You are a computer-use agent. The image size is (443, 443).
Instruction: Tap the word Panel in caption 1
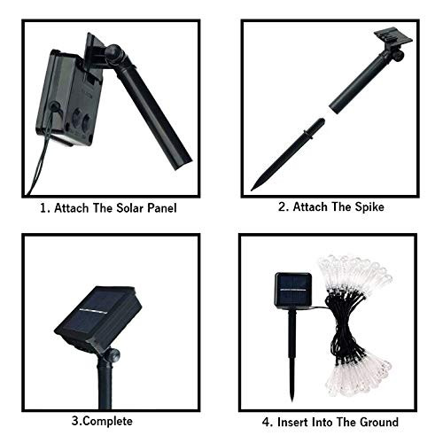[162, 208]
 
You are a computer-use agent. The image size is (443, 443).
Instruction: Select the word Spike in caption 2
[369, 206]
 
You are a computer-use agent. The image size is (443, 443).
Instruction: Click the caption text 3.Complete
[102, 421]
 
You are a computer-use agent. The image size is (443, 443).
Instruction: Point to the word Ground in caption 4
[379, 422]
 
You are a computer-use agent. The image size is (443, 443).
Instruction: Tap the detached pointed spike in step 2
[288, 154]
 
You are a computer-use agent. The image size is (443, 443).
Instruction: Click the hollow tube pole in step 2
[361, 82]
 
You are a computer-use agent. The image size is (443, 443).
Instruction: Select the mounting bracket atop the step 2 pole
[393, 37]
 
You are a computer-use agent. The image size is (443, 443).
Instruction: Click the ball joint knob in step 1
[114, 53]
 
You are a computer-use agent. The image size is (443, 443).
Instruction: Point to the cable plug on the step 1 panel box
[53, 107]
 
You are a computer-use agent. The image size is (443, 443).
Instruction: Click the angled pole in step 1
[153, 113]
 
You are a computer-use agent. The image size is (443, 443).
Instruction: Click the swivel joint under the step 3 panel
[113, 355]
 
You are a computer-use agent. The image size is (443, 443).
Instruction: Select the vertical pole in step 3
[105, 384]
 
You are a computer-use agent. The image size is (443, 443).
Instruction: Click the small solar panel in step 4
[293, 290]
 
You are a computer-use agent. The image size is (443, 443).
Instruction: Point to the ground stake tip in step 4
[291, 400]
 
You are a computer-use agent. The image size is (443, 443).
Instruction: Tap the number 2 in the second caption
[282, 206]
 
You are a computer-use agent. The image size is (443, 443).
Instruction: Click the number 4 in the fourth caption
[266, 422]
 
